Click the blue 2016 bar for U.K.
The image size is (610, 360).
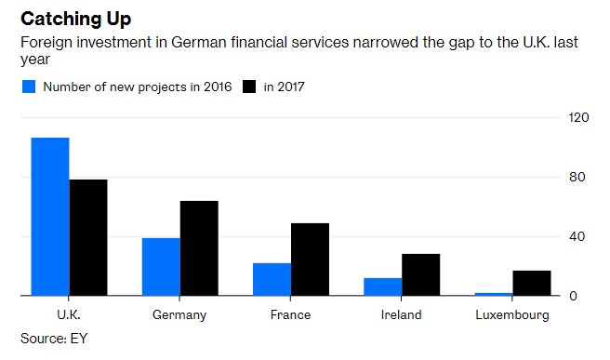(50, 217)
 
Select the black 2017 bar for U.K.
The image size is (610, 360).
(88, 237)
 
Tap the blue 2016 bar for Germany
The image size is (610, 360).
(161, 267)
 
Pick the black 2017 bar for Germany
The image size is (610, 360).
(199, 248)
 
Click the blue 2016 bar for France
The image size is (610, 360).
(272, 279)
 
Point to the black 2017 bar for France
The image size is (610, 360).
(310, 260)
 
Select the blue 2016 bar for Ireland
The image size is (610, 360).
(383, 287)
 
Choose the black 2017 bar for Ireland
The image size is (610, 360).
(420, 274)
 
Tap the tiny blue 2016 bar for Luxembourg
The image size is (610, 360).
(494, 294)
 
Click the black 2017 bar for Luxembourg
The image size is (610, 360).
(532, 283)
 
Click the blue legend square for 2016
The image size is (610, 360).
(28, 87)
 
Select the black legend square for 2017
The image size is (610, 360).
(248, 87)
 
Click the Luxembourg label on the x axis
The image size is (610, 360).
(512, 315)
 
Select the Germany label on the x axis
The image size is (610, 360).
(179, 315)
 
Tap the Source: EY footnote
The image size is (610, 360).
(54, 337)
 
